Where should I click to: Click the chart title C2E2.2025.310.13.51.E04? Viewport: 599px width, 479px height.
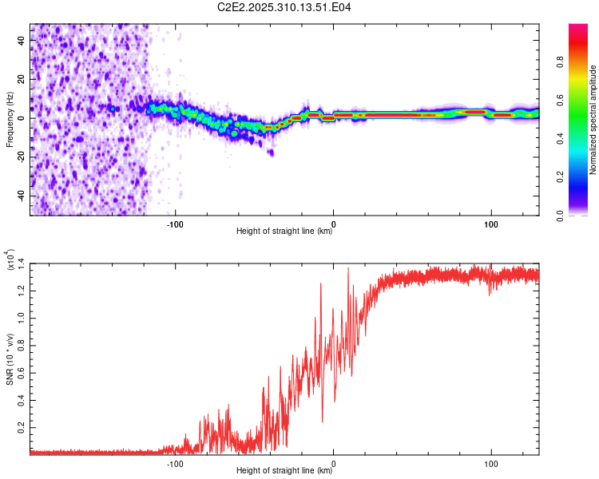(x=285, y=7)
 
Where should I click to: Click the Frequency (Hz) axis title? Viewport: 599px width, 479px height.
(x=10, y=120)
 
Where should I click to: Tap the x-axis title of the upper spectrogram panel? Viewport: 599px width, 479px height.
(x=284, y=232)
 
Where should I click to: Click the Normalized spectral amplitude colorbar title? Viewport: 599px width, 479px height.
(x=593, y=120)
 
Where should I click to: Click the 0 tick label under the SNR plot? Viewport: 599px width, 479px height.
(x=333, y=462)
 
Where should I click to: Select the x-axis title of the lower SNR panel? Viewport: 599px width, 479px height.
(x=284, y=471)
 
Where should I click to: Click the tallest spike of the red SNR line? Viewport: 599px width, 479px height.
(x=348, y=269)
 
